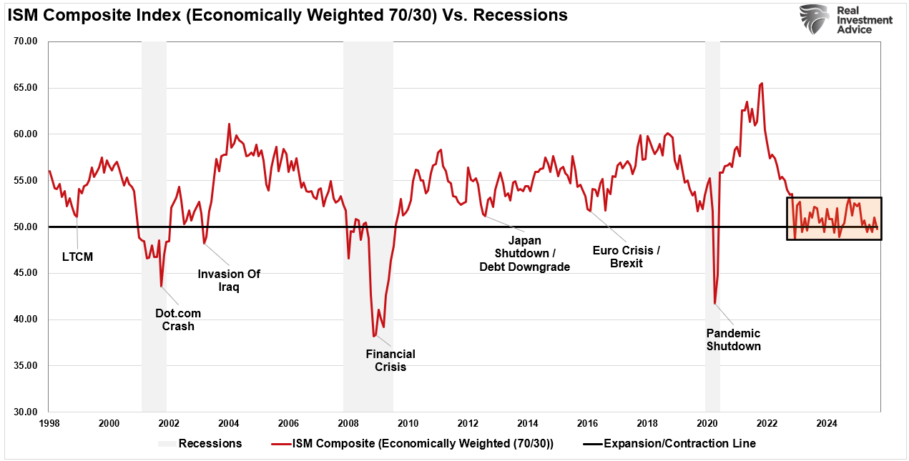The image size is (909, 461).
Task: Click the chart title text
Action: [x=288, y=15]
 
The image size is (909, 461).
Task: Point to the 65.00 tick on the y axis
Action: [x=25, y=88]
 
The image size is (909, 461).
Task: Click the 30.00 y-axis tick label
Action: [x=25, y=412]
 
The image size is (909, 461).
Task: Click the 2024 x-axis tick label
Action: [x=827, y=423]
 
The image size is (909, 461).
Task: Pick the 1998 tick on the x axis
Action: [x=49, y=423]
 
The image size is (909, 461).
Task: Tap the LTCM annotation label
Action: [x=77, y=257]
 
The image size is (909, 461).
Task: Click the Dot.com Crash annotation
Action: [x=178, y=319]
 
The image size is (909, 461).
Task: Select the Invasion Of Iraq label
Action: [x=229, y=280]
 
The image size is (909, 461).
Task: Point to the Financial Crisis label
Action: [x=390, y=360]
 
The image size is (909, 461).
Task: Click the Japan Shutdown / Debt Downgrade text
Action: [x=524, y=254]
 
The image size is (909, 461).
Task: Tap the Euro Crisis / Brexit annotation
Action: [x=627, y=257]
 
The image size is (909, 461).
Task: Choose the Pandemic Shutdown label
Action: [x=733, y=339]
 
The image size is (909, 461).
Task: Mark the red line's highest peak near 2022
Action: [x=762, y=83]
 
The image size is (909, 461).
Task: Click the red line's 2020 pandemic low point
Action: [x=715, y=304]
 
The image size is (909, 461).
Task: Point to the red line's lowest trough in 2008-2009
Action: [x=373, y=336]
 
